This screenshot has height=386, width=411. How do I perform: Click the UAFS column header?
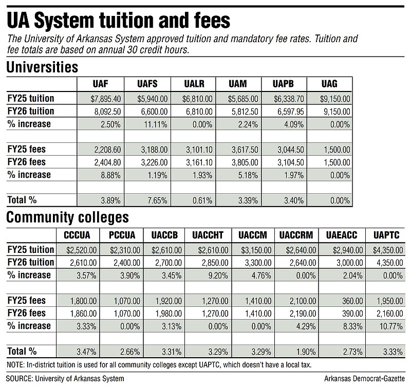click(147, 84)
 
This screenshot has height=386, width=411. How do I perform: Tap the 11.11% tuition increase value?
click(156, 124)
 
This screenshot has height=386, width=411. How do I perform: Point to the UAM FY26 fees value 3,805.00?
click(245, 162)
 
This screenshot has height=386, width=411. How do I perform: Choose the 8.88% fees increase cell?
click(110, 175)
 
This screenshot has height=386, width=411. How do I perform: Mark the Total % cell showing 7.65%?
click(157, 200)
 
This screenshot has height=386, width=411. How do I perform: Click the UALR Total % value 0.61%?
click(202, 200)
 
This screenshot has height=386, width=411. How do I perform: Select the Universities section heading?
click(42, 67)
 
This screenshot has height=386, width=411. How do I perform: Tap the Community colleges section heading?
click(68, 217)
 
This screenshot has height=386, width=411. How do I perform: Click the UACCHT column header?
click(208, 235)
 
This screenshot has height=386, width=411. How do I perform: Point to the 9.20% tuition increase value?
click(218, 275)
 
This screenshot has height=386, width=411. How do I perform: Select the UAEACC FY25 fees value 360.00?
click(352, 301)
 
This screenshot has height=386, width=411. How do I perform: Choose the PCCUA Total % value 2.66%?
click(130, 352)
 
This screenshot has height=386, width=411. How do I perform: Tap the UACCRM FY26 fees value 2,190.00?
click(303, 314)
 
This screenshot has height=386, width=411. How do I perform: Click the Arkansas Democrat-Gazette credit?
click(364, 379)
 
